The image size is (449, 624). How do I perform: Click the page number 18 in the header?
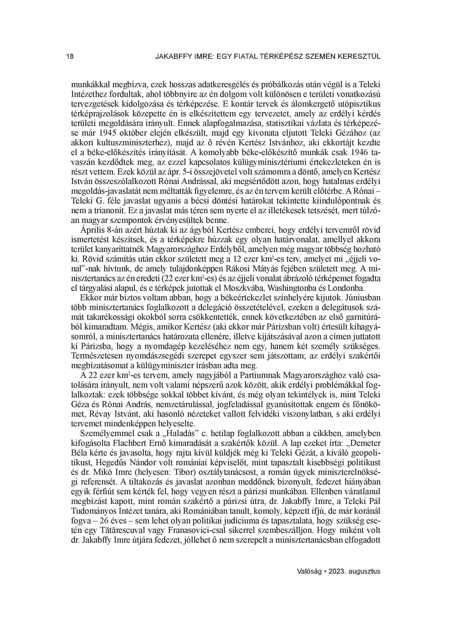point(70,57)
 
